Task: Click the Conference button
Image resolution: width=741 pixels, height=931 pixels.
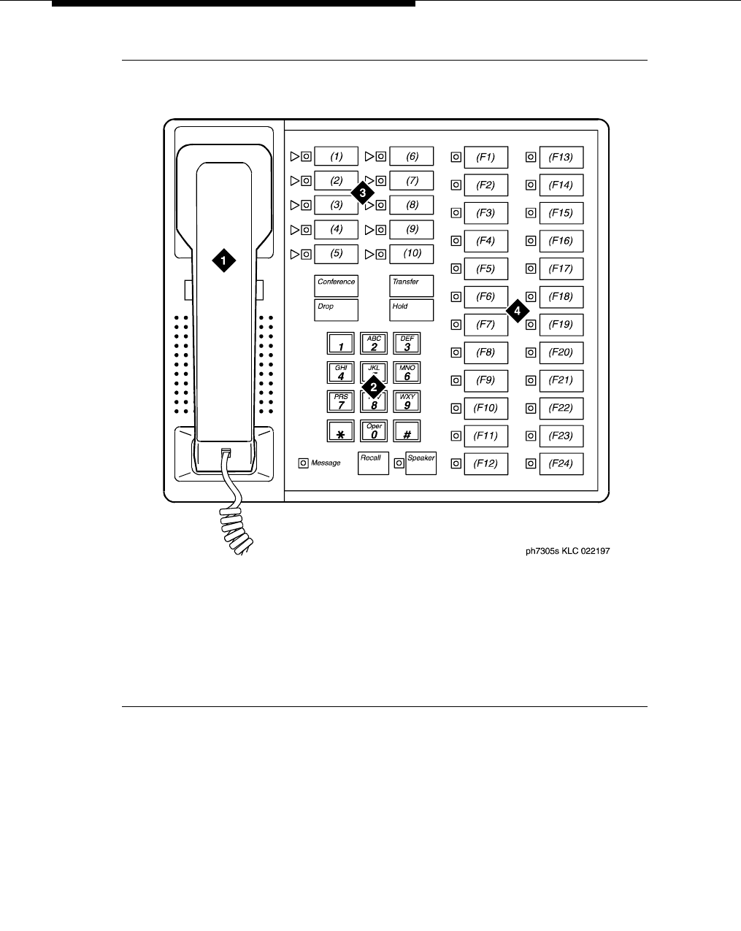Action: (337, 285)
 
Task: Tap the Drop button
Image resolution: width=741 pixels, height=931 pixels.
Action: (337, 310)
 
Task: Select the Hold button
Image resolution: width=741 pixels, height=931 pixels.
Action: (411, 310)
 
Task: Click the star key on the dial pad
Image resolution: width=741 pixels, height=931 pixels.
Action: (341, 431)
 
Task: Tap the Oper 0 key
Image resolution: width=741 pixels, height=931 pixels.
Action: (374, 431)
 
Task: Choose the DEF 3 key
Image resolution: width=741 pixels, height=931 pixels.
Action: (407, 343)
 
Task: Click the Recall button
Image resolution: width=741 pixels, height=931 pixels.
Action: (373, 463)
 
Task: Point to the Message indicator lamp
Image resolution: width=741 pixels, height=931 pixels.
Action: (303, 463)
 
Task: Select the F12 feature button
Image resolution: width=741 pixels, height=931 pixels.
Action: (485, 463)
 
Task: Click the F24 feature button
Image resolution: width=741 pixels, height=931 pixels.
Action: (561, 463)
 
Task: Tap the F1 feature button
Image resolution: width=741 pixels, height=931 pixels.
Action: (485, 157)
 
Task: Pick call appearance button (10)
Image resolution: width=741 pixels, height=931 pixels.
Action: (412, 254)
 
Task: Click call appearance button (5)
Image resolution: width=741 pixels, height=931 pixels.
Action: (337, 254)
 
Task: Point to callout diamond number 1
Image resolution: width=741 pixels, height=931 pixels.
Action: (224, 260)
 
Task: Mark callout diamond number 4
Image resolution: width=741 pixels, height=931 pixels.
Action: (517, 310)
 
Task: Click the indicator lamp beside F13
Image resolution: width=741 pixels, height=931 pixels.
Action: (531, 157)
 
